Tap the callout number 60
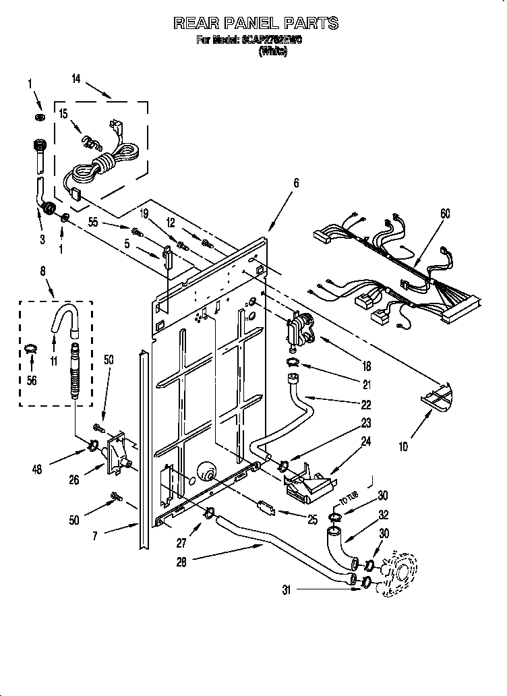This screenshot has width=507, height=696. pyautogui.click(x=445, y=214)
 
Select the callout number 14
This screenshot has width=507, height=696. pyautogui.click(x=76, y=79)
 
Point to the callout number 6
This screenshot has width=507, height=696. pyautogui.click(x=295, y=183)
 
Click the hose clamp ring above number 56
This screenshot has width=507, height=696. pyautogui.click(x=30, y=349)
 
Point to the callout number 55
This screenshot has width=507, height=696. pyautogui.click(x=92, y=221)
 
